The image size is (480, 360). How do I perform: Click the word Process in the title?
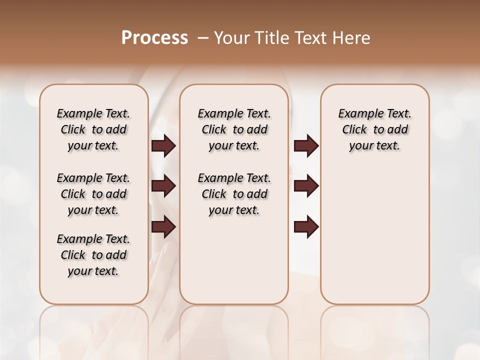tap(154, 38)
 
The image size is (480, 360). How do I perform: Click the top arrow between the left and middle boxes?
tap(163, 146)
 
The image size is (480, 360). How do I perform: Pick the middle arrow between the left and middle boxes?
tap(163, 186)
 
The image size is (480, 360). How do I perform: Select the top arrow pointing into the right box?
tap(306, 146)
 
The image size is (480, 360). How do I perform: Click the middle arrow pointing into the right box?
tap(306, 186)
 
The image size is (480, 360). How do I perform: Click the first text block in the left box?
tap(93, 129)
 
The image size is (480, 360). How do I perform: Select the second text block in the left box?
tap(93, 194)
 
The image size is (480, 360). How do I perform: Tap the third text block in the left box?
tap(93, 255)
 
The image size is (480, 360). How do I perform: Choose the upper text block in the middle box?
tap(234, 129)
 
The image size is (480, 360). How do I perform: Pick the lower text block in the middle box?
tap(234, 194)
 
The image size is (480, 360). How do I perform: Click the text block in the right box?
tap(374, 129)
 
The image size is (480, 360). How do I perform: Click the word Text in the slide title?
tap(309, 38)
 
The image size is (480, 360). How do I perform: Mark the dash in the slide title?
tap(203, 38)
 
